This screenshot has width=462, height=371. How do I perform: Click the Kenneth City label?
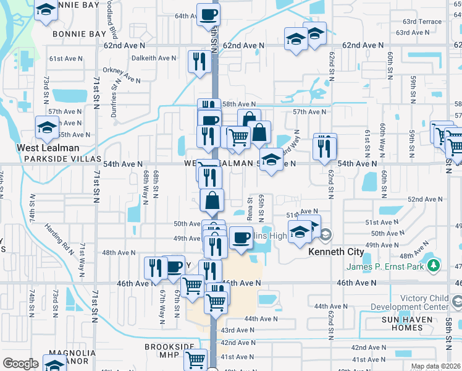tap(334, 252)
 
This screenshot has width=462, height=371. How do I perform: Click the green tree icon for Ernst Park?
tap(435, 265)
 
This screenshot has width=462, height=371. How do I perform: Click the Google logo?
tap(20, 364)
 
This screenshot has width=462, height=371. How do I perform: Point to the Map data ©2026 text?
tap(435, 366)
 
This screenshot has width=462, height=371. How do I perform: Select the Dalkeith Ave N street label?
tap(154, 58)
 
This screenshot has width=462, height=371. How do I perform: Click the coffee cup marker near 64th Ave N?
tap(208, 14)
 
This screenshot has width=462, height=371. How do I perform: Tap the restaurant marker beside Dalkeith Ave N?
tap(199, 61)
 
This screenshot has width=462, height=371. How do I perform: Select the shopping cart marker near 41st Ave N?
tap(196, 359)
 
